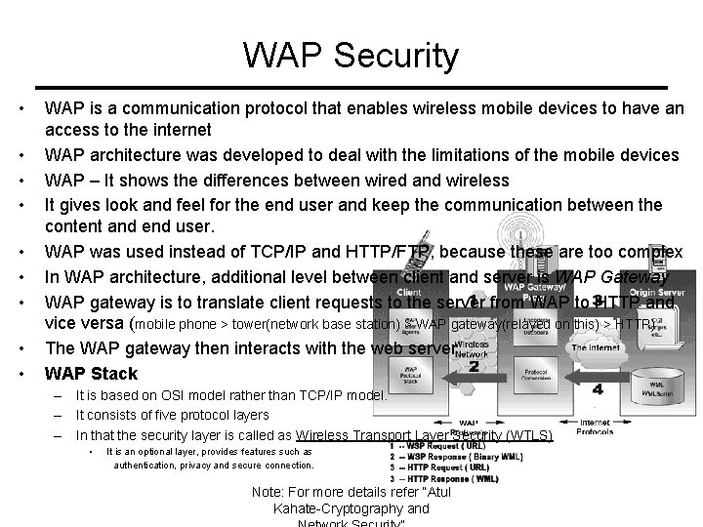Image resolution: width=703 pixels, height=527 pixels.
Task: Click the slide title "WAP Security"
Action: (x=351, y=56)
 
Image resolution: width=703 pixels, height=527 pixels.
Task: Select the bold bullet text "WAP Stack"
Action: (x=92, y=373)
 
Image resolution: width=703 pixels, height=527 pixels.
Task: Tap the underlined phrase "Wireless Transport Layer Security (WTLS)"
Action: (x=424, y=436)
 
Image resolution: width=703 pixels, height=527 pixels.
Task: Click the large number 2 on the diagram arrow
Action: (x=473, y=366)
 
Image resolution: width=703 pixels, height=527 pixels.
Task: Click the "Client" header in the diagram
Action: (x=409, y=291)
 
